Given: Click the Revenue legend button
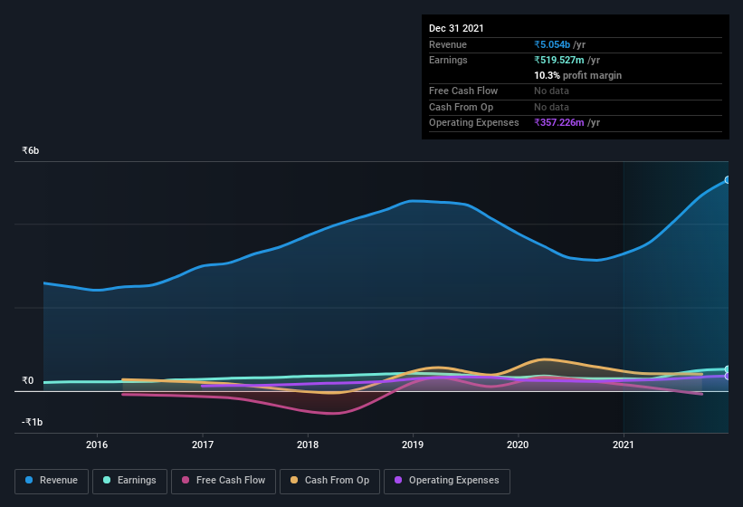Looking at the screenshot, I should [x=52, y=480].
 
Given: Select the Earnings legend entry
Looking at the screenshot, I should [x=130, y=480].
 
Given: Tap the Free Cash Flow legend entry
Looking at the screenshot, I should [x=224, y=480].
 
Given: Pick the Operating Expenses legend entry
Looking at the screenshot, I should [x=446, y=480].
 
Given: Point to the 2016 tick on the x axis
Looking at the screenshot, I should [x=97, y=445].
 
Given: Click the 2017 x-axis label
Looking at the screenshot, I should [x=203, y=445].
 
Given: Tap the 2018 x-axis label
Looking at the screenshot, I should [x=308, y=445].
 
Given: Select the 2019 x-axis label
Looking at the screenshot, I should [x=413, y=445].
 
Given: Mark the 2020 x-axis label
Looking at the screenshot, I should [x=518, y=445].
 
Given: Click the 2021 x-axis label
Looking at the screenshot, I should [x=624, y=445].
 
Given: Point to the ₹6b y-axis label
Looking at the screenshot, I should [x=31, y=150].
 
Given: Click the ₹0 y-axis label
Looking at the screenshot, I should [x=28, y=380].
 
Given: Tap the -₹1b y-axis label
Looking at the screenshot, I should [x=33, y=422].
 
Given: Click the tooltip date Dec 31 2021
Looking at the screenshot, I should [x=456, y=28].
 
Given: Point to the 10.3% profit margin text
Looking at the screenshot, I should [x=577, y=75].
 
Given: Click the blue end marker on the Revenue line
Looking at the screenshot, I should [x=728, y=180].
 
